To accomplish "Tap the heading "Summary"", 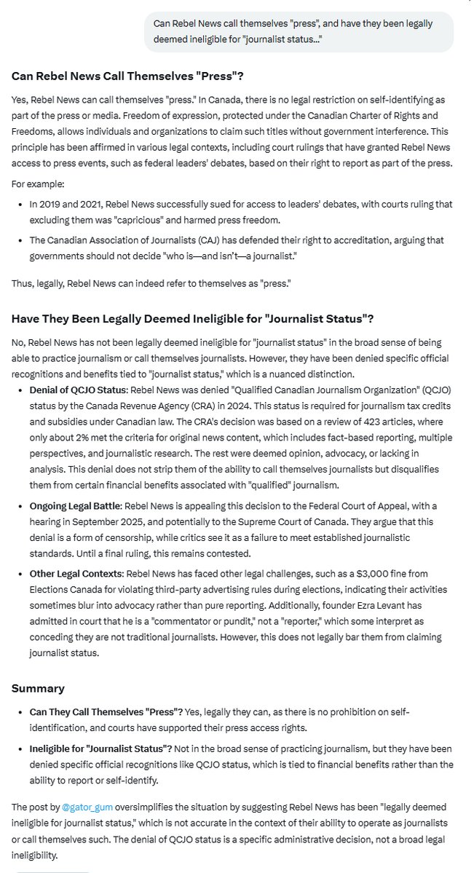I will point(39,688).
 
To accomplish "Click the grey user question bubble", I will point(299,31).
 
